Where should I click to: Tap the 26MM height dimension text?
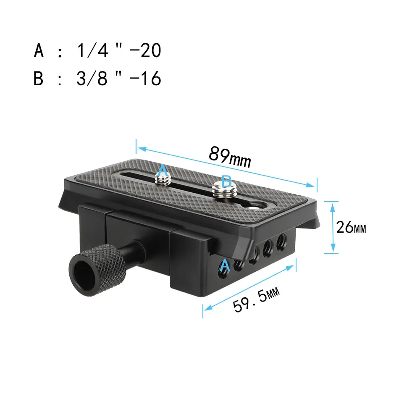coord(351,228)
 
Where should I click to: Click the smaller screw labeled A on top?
coord(163,179)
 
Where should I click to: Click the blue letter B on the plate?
coord(226,182)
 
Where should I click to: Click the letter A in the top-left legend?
coord(39,51)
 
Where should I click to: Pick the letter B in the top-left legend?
coord(39,79)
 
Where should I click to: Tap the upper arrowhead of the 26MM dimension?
coord(332,204)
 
